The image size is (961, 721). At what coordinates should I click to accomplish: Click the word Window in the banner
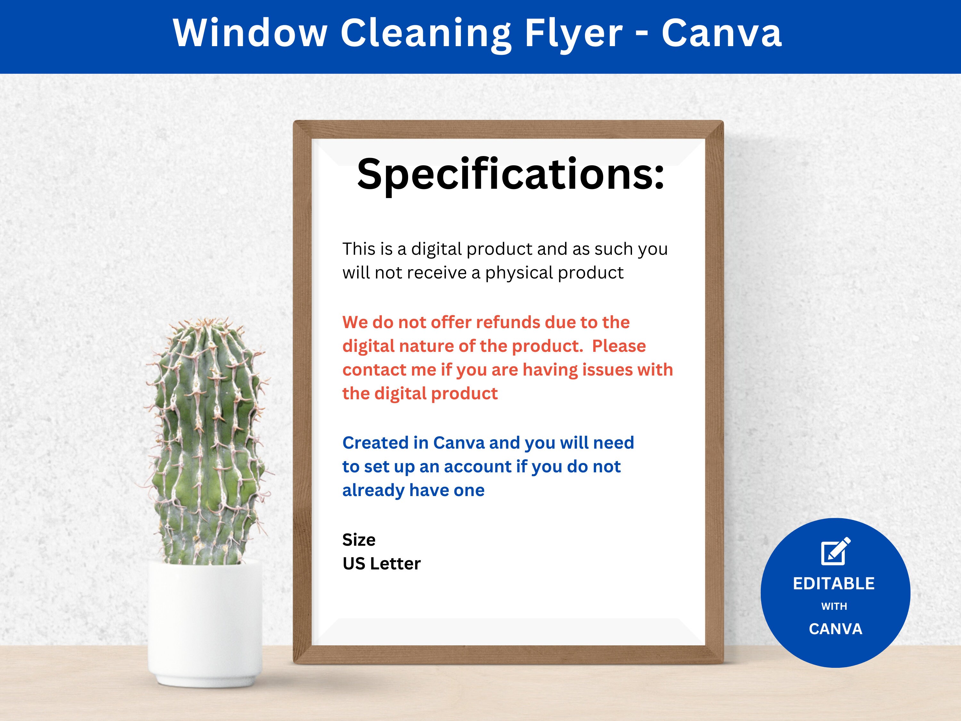pos(250,33)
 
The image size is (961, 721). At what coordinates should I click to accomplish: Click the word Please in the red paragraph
pos(619,346)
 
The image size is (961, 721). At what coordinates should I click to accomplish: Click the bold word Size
pos(359,540)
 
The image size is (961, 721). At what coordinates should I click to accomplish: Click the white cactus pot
pos(205,621)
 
